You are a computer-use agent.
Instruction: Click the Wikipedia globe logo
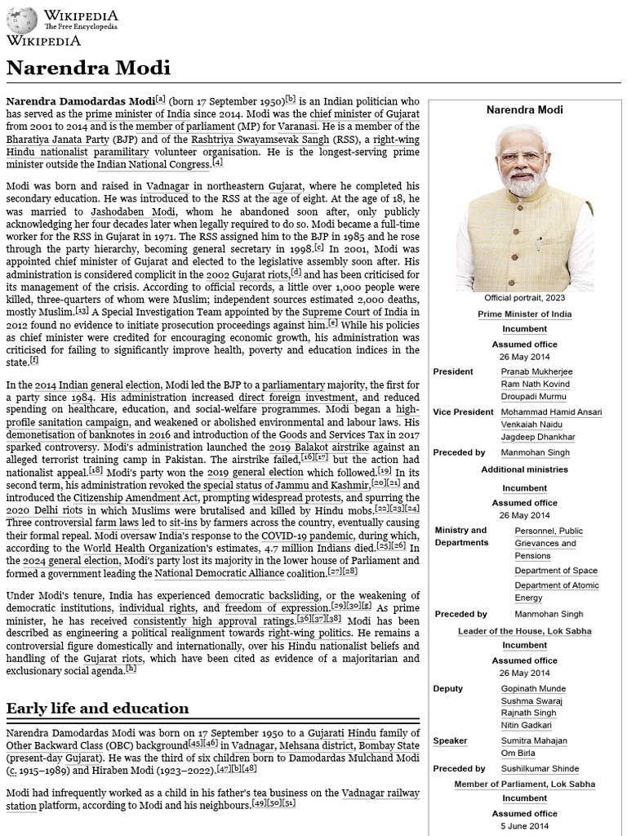pos(22,19)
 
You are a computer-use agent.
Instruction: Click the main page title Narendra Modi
pos(88,67)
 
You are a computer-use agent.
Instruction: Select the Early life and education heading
pos(97,708)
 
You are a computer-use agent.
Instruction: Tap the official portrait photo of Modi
pos(524,208)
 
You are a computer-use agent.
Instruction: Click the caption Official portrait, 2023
pos(524,298)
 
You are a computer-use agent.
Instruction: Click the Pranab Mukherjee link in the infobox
pos(536,371)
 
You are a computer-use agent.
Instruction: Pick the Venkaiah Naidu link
pos(531,425)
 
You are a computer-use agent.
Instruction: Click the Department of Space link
pos(555,571)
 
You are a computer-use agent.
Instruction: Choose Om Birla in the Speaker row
pos(517,754)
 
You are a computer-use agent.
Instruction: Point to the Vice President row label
pos(463,412)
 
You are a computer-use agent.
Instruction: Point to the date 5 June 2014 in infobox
pos(524,826)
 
